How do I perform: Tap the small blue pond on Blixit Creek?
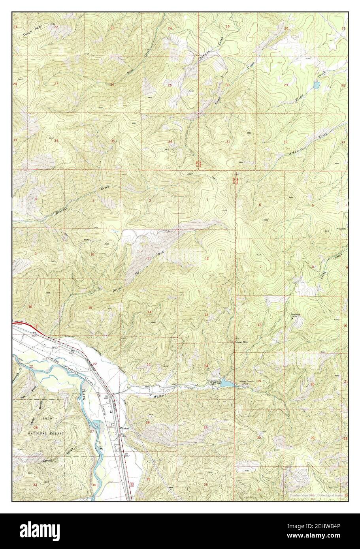(x=317, y=85)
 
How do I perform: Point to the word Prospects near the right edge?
(x=340, y=229)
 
